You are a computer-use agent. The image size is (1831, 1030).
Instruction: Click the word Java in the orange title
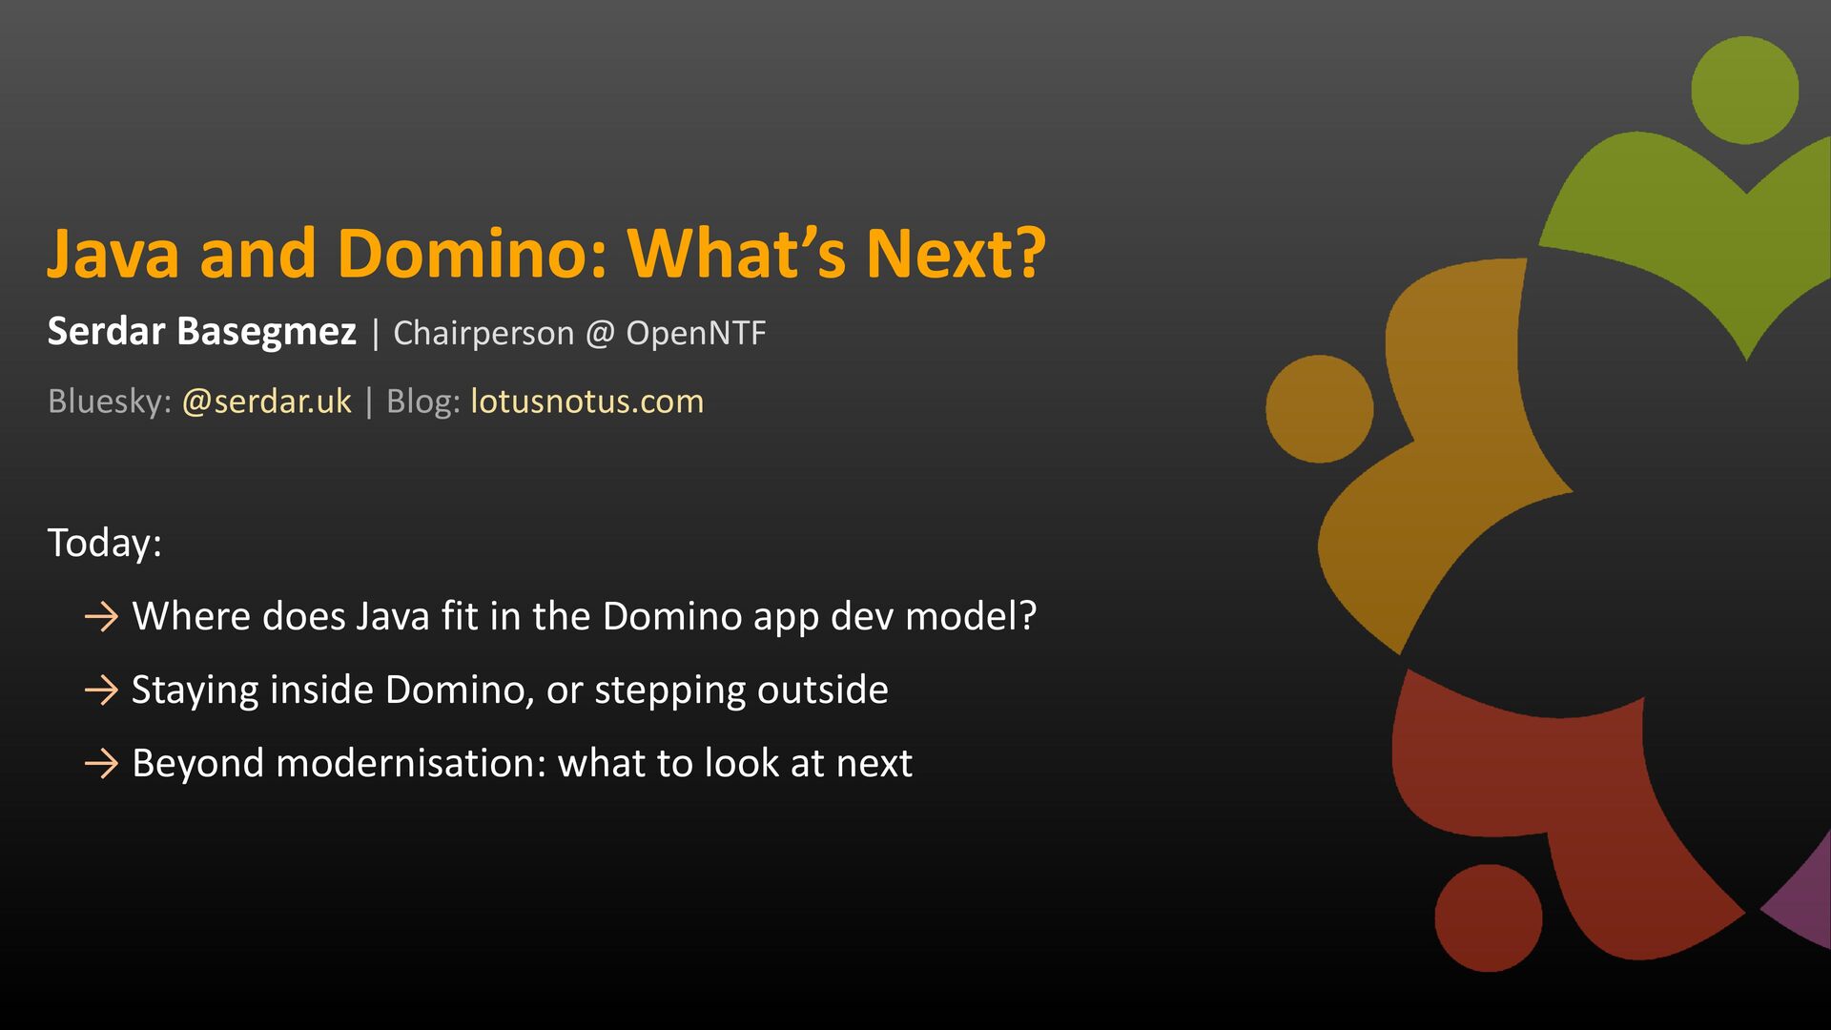pos(113,254)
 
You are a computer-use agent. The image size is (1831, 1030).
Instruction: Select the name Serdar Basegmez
pos(202,332)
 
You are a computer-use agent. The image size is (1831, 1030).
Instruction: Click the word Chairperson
pos(483,334)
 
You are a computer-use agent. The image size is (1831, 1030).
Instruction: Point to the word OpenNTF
pos(696,333)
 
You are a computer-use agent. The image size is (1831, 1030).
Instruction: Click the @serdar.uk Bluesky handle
pos(267,402)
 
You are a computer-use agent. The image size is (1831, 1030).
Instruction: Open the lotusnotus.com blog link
pos(587,402)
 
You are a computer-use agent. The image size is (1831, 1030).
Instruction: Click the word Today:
pos(105,543)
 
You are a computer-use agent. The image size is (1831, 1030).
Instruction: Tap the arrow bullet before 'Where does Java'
pos(101,617)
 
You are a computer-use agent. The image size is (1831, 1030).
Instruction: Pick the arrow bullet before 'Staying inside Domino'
pos(101,690)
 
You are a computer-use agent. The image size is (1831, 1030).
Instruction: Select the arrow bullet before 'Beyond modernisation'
pos(101,764)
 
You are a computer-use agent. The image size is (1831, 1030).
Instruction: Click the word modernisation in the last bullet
pos(410,763)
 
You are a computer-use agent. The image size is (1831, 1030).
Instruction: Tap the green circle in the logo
pos(1745,91)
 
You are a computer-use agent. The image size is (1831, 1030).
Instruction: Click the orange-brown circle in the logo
pos(1320,409)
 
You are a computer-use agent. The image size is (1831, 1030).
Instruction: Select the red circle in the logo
pos(1489,918)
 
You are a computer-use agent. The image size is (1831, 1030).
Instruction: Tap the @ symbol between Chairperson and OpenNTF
pos(600,334)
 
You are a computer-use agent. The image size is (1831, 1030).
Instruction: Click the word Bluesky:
pos(110,402)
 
